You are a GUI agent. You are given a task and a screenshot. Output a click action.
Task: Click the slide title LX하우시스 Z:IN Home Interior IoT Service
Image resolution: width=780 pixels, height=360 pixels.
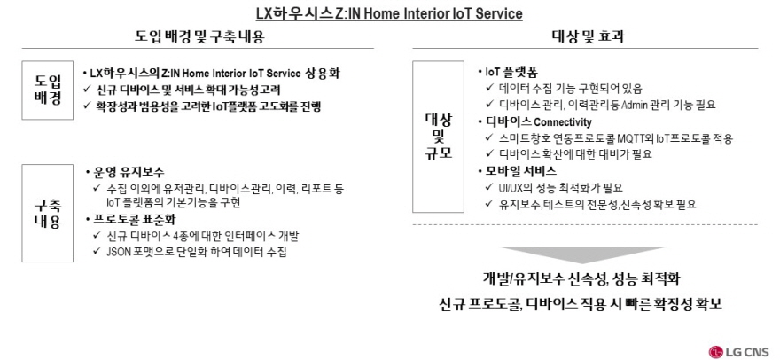point(389,13)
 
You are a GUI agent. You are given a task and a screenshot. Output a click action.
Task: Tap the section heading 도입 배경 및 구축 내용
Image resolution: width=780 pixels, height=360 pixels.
point(199,36)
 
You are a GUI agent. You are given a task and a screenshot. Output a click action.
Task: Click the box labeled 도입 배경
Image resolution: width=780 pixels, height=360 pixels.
point(47,90)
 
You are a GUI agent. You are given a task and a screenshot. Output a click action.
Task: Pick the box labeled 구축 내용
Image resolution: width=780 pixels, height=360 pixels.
point(47,213)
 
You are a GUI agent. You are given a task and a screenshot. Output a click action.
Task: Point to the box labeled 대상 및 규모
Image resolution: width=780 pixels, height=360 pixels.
point(438,137)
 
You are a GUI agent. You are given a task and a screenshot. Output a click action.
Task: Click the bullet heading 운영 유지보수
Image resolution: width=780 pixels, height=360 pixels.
point(129,172)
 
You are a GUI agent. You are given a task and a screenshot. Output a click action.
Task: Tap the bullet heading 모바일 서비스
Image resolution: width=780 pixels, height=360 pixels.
point(521,171)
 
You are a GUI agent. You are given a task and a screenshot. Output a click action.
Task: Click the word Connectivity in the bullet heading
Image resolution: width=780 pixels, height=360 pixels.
point(563,122)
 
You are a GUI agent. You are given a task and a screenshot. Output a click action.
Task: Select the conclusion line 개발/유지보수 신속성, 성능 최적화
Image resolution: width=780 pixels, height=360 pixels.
point(581,278)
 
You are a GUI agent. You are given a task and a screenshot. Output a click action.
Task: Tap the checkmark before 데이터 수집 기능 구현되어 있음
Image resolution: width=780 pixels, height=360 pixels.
point(489,89)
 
